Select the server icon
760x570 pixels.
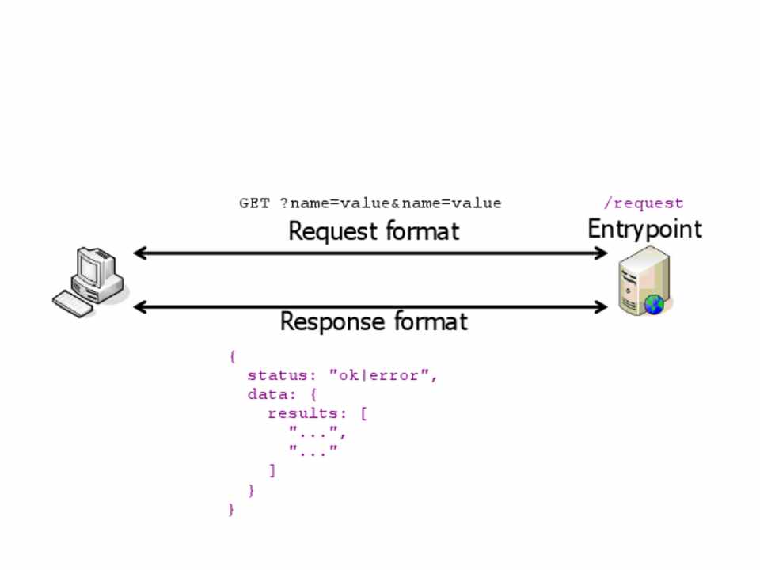(x=643, y=282)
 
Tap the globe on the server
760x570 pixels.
(x=654, y=303)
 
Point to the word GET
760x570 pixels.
(x=254, y=203)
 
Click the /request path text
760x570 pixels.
(x=643, y=203)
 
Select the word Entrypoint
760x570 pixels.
(x=644, y=229)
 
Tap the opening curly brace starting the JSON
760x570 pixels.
(x=232, y=356)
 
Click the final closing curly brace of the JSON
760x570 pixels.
(x=231, y=509)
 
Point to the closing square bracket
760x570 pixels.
(x=272, y=470)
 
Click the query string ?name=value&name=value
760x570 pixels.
(x=390, y=203)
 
